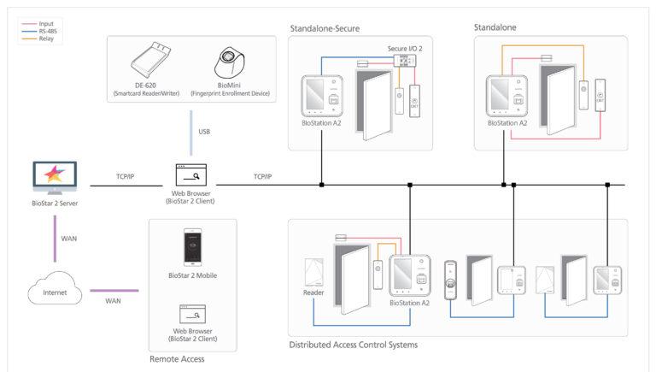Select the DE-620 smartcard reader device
click(154, 62)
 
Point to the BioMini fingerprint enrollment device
click(231, 62)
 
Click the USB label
click(203, 133)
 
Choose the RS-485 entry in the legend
click(38, 31)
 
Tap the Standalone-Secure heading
click(325, 28)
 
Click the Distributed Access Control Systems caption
click(354, 345)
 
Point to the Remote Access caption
click(177, 359)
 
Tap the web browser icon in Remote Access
click(191, 313)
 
